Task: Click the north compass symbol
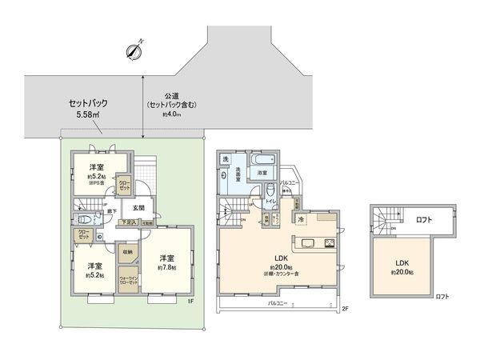tap(134, 50)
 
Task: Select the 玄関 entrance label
tap(138, 208)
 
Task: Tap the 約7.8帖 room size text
tap(166, 267)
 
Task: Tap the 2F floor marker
tap(345, 308)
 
